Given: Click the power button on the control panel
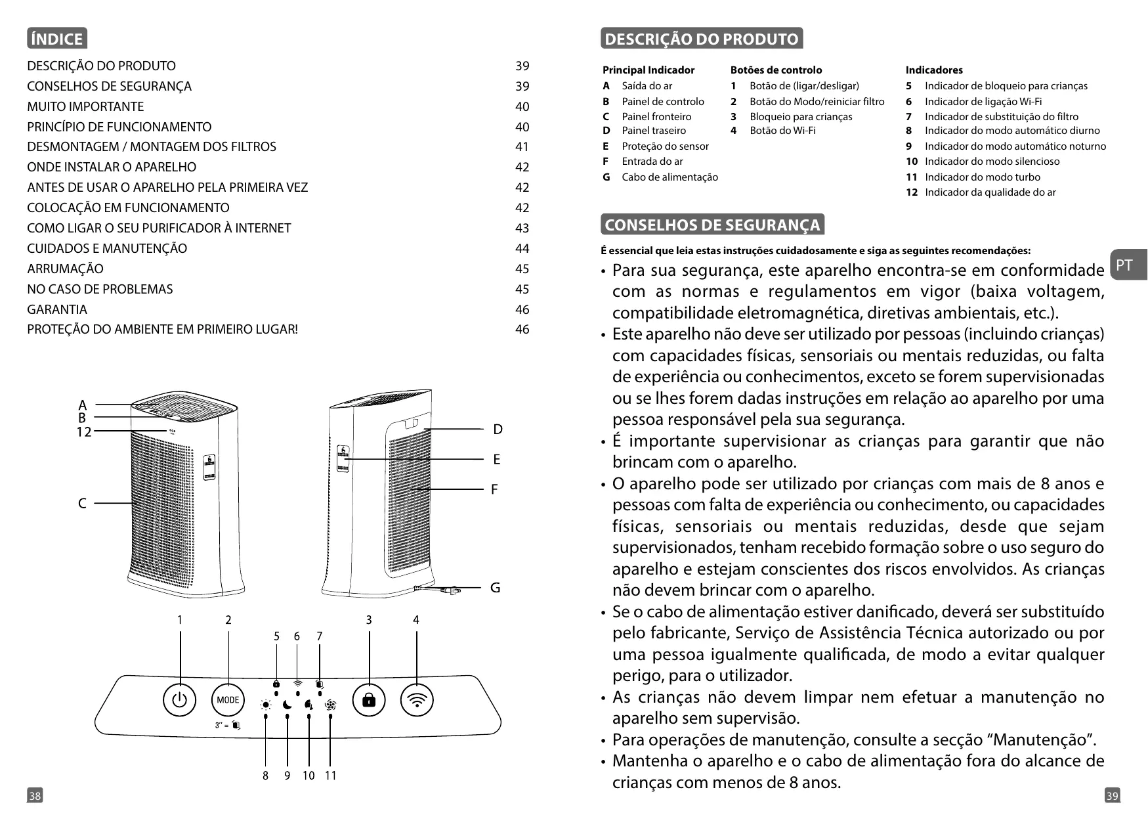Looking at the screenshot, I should pos(179,700).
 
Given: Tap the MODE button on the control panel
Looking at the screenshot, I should pos(228,700).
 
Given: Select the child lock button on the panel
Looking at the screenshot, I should pos(369,700).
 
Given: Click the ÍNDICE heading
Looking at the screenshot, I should pos(57,39).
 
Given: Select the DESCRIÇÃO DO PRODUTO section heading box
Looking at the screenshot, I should pos(701,39).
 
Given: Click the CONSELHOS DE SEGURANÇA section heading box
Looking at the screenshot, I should pos(712,225).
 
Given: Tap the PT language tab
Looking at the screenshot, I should pos(1125,265).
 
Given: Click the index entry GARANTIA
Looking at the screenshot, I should pos(57,309).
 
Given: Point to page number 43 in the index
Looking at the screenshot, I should pos(522,228).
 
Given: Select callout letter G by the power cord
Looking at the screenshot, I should pos(496,588).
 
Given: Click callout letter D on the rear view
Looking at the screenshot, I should pos(498,430).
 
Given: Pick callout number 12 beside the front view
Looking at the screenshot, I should pos(83,431).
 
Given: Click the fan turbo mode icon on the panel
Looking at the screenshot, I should pos(330,705).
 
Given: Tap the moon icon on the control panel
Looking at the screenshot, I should pos(287,705).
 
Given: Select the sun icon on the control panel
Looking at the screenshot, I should pos(266,705).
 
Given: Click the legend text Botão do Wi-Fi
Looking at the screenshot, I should pos(782,131).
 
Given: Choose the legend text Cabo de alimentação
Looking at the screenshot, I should pos(670,177).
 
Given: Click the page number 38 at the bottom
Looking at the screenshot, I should pos(34,796).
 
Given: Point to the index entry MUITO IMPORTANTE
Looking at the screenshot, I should pos(85,106).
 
